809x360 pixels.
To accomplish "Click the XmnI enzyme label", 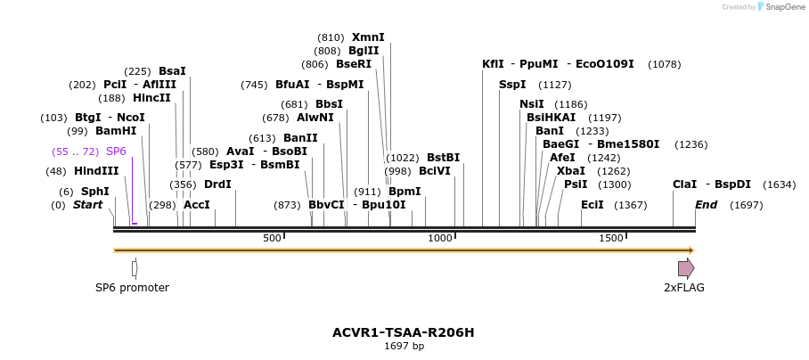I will tap(368, 37).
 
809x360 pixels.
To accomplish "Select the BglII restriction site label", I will tap(364, 51).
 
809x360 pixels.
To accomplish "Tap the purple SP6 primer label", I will tap(116, 151).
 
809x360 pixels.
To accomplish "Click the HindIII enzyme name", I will tap(96, 171).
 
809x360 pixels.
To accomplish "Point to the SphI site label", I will tap(95, 192).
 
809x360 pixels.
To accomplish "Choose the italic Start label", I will tap(87, 205).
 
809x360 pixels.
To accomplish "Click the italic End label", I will tap(707, 205).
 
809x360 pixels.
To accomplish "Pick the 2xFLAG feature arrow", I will tap(686, 268).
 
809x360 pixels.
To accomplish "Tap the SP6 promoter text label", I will tap(132, 288).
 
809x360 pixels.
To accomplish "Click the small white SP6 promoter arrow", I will tap(135, 268).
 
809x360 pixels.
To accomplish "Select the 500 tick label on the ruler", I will tap(272, 238).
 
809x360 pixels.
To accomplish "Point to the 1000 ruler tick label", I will tap(440, 238).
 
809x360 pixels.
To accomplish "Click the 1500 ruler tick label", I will tap(610, 238).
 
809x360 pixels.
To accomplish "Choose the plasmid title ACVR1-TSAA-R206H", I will tap(404, 332).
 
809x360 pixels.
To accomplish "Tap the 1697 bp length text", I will tap(404, 346).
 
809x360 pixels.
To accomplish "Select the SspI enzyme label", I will tap(512, 85).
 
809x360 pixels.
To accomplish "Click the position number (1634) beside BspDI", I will tap(780, 184).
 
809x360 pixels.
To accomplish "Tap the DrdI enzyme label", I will tap(217, 184).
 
